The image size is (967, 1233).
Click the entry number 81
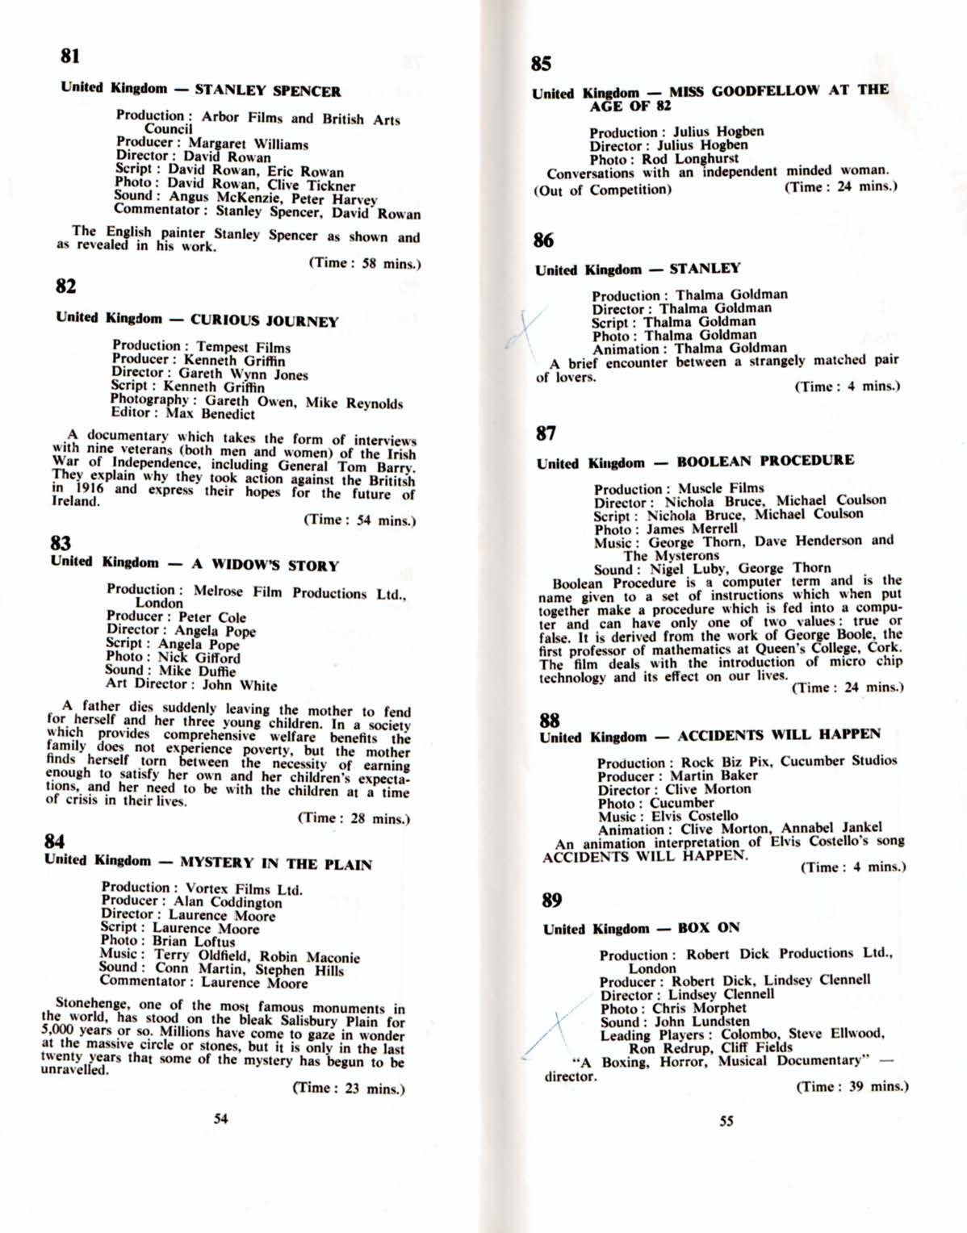click(x=70, y=56)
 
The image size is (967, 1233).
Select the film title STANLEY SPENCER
click(x=267, y=90)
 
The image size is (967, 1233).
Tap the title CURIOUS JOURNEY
click(x=264, y=320)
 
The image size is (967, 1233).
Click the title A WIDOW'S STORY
click(x=265, y=566)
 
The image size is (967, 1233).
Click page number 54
click(x=220, y=1118)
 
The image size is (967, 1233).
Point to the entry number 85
click(x=542, y=64)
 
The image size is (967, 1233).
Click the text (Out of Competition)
click(x=602, y=190)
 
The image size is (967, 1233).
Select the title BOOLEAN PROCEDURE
click(x=764, y=461)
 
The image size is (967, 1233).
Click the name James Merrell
click(x=691, y=529)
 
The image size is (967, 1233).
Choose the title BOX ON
click(x=709, y=927)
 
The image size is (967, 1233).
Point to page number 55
click(x=726, y=1121)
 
